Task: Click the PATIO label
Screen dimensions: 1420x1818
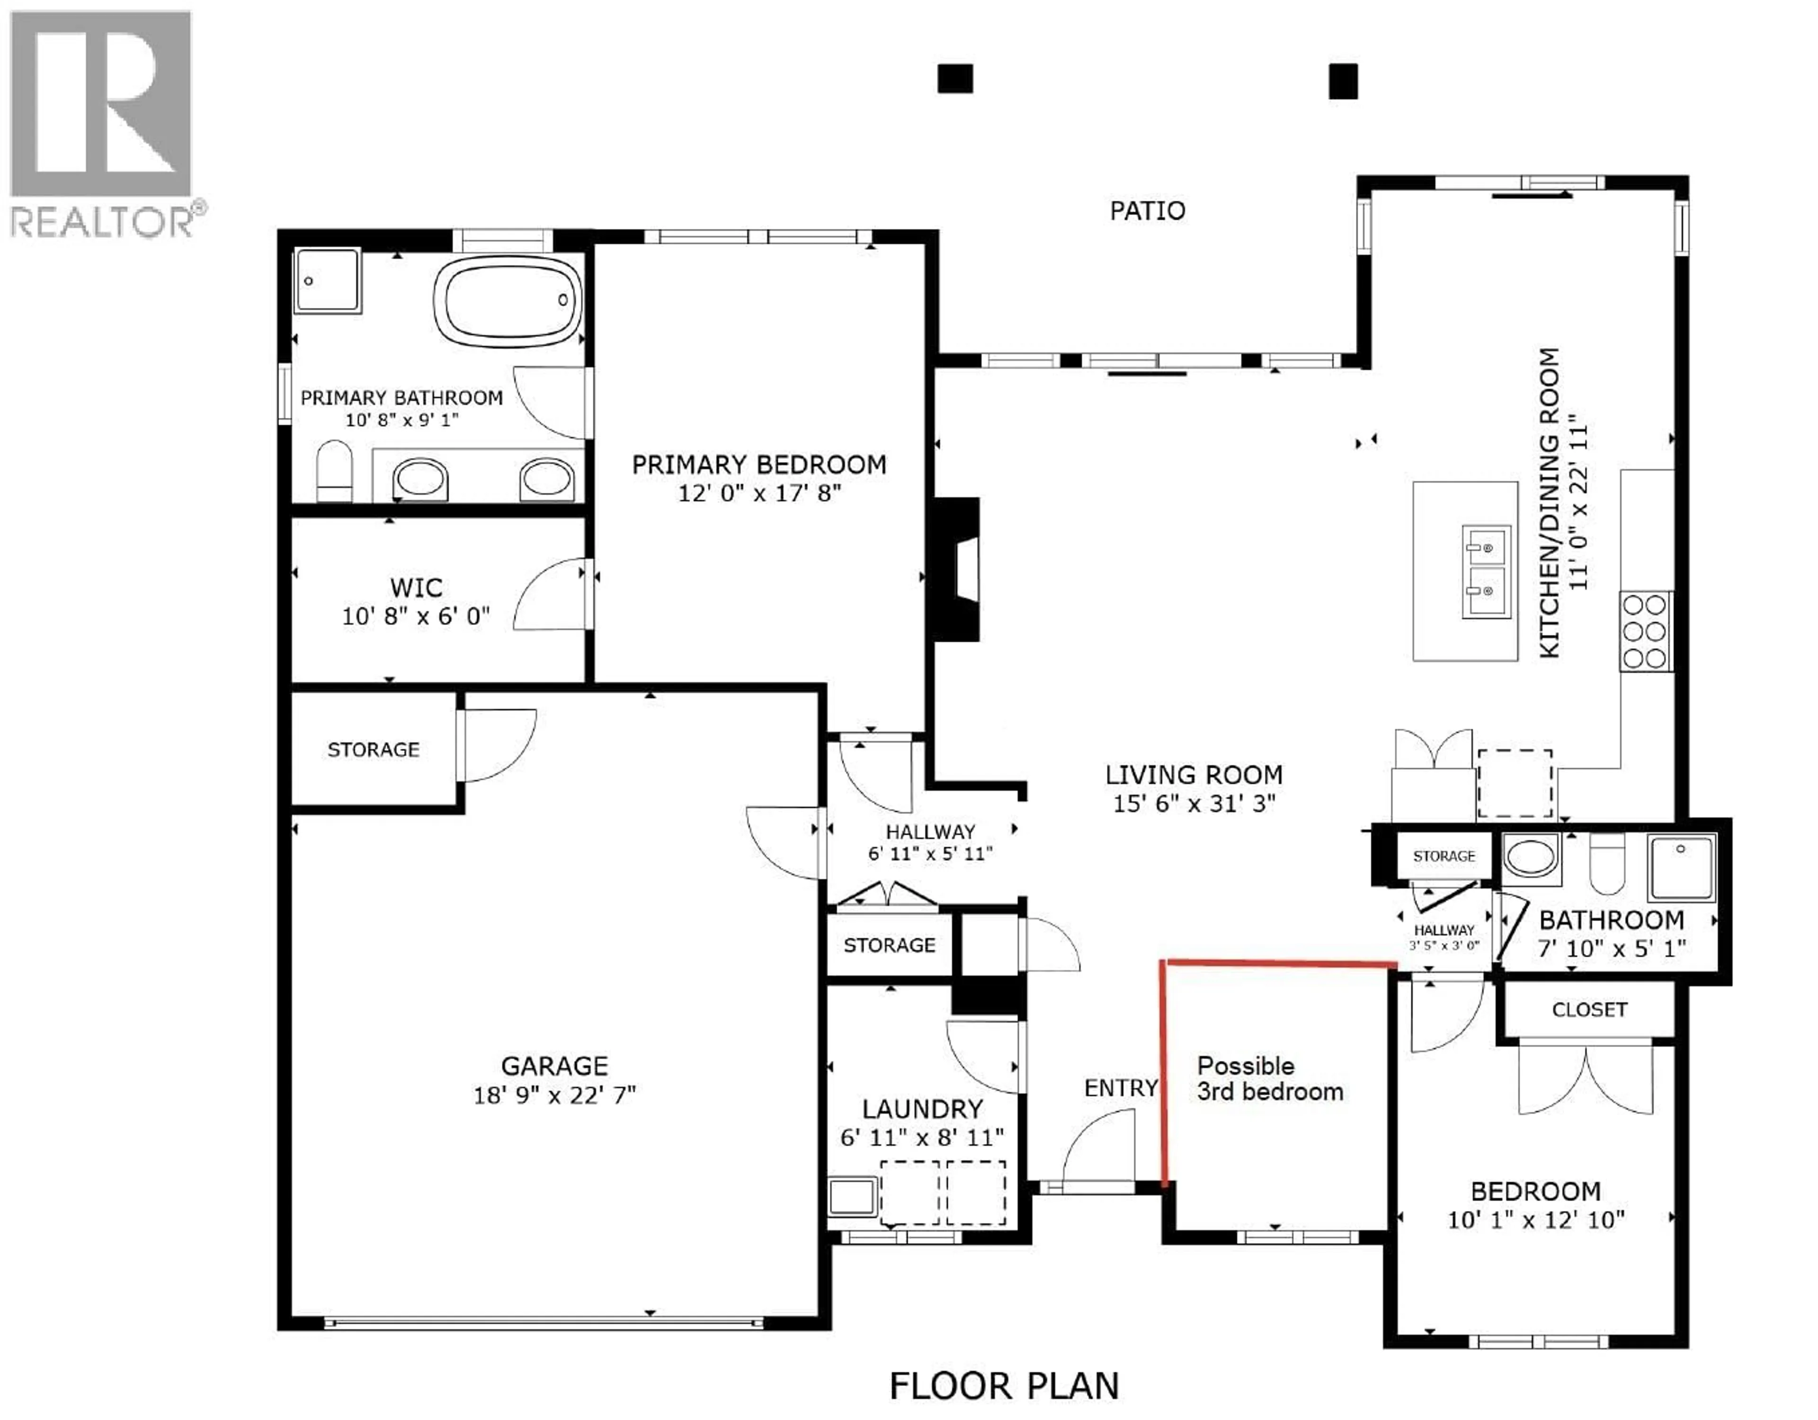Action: tap(1147, 211)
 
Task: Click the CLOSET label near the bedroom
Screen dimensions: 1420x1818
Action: tap(1589, 1009)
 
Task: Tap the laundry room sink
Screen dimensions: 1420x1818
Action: tap(852, 1198)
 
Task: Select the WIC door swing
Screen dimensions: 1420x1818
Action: tap(549, 596)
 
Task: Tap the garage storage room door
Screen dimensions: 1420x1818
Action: tap(498, 744)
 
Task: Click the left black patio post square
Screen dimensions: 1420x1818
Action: tap(955, 79)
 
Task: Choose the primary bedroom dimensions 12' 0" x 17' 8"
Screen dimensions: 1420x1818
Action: tap(759, 493)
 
